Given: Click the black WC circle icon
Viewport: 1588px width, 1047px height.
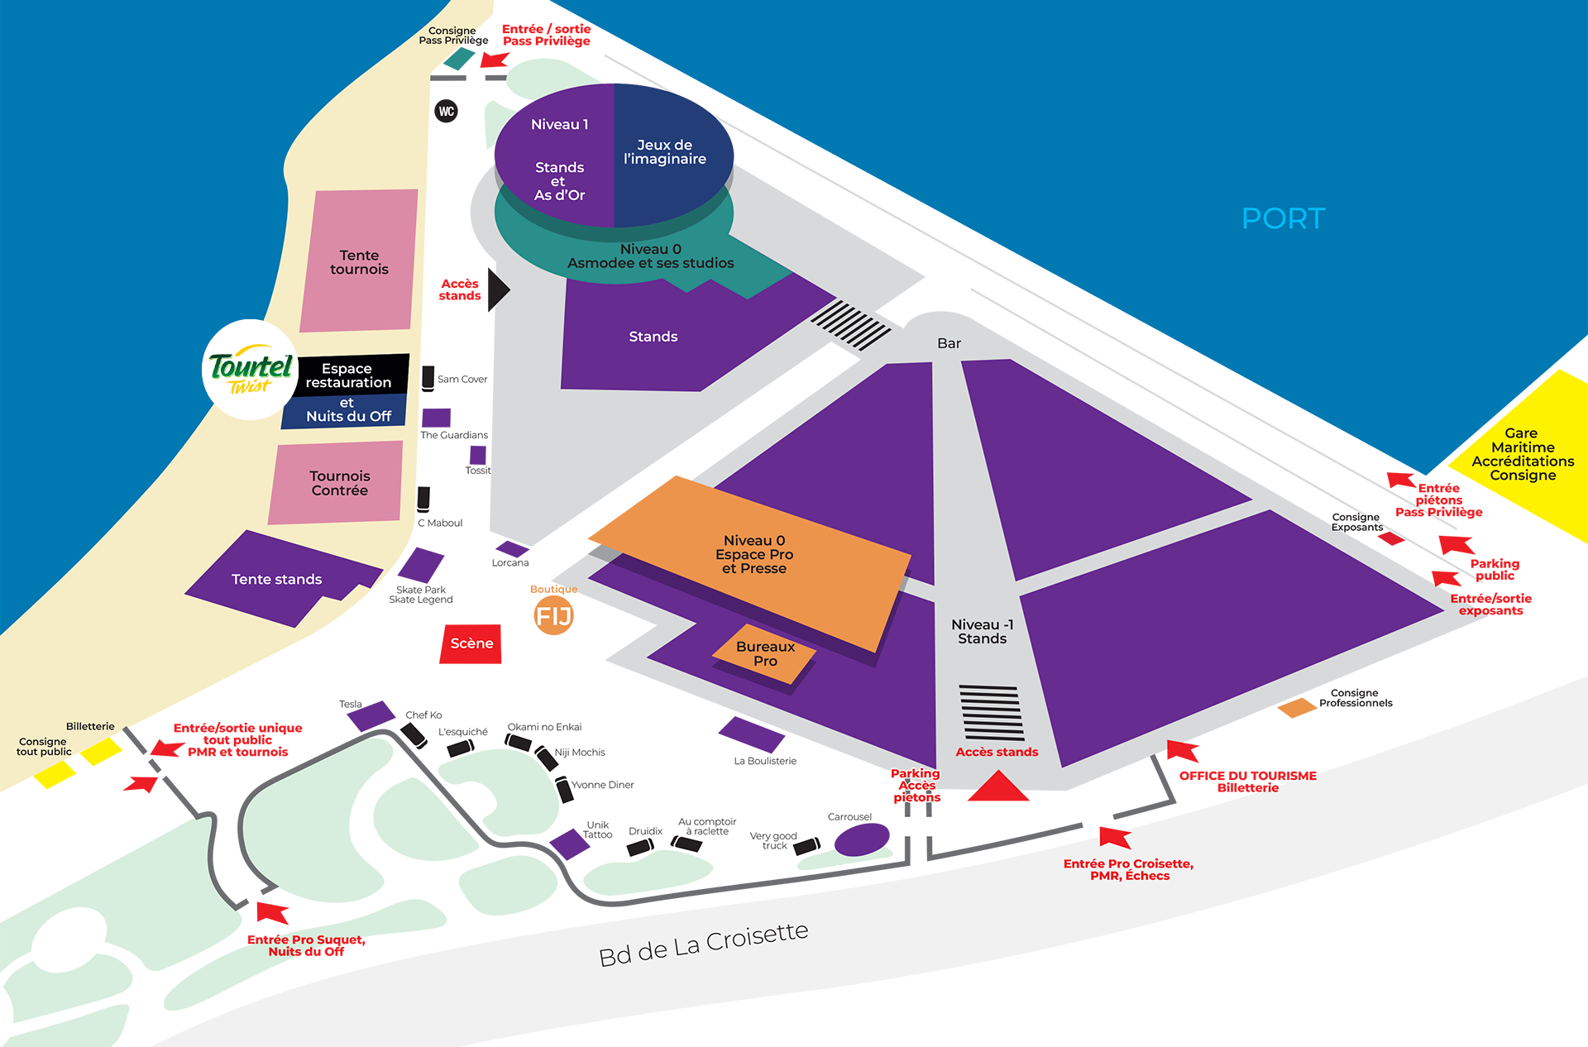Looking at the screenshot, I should (x=447, y=111).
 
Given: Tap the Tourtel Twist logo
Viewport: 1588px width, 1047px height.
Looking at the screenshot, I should (x=250, y=370).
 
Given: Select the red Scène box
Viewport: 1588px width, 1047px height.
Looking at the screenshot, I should (x=471, y=643).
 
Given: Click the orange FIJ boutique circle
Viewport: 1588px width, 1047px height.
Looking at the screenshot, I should (x=553, y=615).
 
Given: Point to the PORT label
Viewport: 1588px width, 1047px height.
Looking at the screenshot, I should (x=1283, y=218).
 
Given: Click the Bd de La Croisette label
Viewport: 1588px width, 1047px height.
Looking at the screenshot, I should (x=703, y=944).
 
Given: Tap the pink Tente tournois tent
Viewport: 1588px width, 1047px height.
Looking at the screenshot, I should (x=359, y=261).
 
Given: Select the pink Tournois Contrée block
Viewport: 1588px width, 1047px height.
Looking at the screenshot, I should (x=337, y=482).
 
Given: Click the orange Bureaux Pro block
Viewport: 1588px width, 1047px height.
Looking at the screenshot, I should (x=764, y=653).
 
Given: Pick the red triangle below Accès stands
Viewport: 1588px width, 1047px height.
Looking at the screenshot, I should (x=998, y=787).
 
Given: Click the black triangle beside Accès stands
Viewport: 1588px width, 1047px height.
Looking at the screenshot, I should (x=497, y=289).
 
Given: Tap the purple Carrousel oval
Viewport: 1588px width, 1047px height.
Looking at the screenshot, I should (x=861, y=840).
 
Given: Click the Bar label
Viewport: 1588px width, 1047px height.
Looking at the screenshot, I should (x=949, y=343).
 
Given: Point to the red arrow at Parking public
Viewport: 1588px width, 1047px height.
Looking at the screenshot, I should (x=1456, y=545).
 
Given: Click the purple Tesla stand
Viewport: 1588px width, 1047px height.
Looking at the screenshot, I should (x=371, y=715).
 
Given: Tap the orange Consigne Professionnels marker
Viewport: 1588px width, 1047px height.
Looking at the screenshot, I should (x=1296, y=708).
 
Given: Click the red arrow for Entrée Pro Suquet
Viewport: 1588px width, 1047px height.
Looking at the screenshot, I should (x=272, y=912).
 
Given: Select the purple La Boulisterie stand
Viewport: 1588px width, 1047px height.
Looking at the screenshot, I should (x=751, y=734).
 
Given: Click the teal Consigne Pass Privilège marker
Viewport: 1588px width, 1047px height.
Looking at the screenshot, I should (x=459, y=59).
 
